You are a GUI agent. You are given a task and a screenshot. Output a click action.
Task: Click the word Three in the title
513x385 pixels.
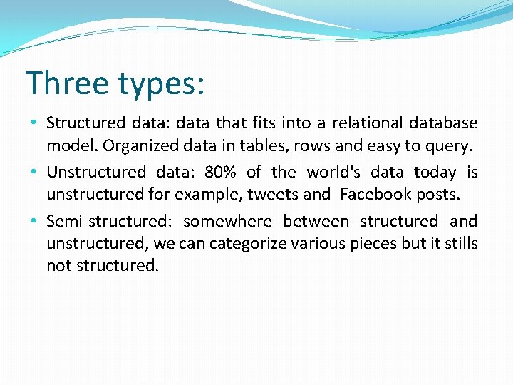coord(68,83)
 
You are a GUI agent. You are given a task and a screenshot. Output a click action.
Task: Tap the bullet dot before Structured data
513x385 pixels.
coord(34,123)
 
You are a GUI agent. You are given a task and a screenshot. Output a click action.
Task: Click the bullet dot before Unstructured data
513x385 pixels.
coord(34,173)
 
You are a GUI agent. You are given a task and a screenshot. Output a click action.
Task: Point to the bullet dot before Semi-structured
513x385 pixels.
coord(34,222)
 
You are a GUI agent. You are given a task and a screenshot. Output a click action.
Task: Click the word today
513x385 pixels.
coord(435,173)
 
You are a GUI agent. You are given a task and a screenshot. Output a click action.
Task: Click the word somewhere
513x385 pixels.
coord(227,221)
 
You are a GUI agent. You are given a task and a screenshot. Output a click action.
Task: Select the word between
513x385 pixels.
coord(316,221)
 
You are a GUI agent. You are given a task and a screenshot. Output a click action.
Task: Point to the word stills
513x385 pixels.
coord(462,243)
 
